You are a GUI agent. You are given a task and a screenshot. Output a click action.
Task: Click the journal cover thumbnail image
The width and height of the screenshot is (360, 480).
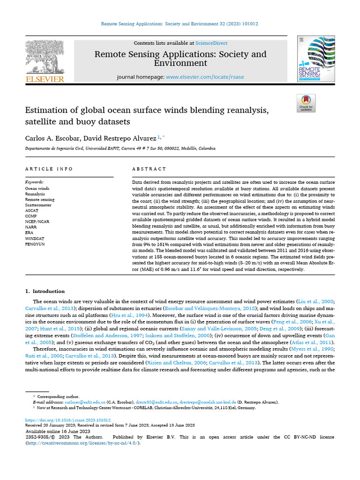coord(316,59)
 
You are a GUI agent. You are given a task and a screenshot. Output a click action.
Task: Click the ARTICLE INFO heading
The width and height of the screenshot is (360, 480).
coord(49,169)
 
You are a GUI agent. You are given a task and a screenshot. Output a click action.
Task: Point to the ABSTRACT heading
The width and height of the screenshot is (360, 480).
coord(149,169)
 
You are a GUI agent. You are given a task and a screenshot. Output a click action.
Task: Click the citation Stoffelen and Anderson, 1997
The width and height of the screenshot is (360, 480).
coord(100,336)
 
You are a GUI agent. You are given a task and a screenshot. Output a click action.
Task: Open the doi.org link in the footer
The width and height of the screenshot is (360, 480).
coord(68,420)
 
